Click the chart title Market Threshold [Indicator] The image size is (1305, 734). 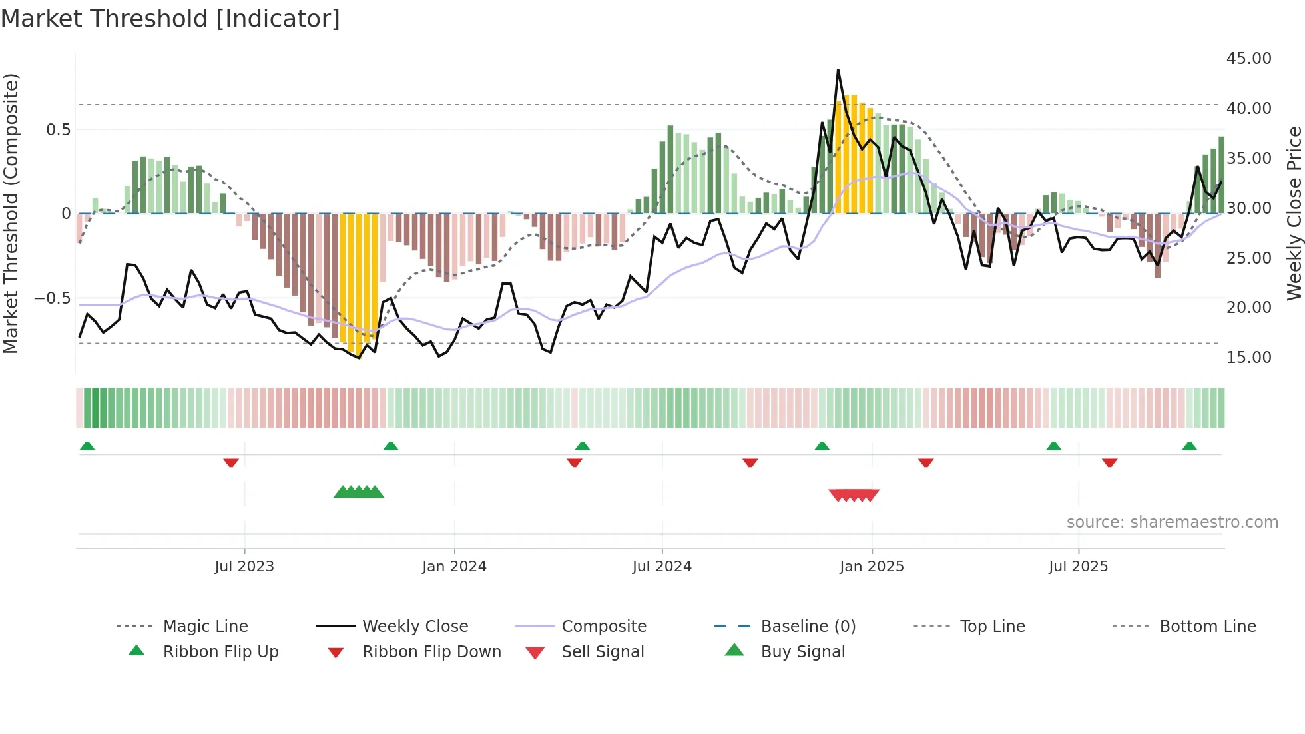point(170,19)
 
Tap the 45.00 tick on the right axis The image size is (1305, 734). point(1248,59)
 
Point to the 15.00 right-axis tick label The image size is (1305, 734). point(1248,358)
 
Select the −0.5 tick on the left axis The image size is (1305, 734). point(53,298)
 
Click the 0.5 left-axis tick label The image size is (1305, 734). point(58,129)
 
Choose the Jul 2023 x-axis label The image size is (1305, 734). point(244,567)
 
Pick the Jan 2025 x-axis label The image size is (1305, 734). point(872,567)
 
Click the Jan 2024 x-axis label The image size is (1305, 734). point(454,567)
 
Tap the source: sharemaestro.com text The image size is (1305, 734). point(1172,522)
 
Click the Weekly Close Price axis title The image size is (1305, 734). point(1294,213)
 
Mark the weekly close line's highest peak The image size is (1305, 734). point(838,70)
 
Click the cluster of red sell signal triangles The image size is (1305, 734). point(854,495)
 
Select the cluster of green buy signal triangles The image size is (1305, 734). point(359,492)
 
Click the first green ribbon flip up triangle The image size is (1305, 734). point(87,446)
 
